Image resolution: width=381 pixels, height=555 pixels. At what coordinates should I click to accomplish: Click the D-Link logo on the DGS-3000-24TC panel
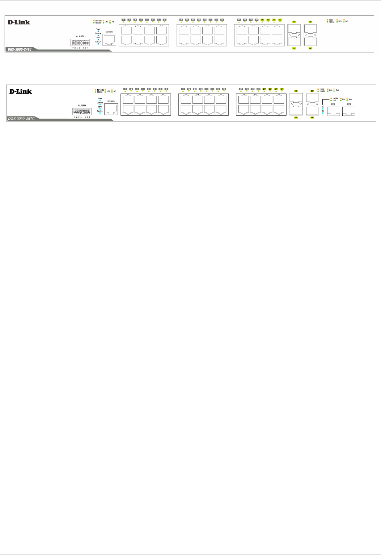pos(19,22)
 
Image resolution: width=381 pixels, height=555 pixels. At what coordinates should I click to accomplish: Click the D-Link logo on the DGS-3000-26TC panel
pos(21,91)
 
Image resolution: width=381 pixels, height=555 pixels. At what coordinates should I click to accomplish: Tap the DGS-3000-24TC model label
pos(20,49)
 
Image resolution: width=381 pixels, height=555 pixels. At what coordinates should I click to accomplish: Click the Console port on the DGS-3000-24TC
pos(109,40)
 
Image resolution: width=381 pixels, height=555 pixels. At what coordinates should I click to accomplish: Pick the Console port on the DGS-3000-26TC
pos(111,109)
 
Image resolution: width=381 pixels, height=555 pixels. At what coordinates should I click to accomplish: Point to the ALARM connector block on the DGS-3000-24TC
pos(80,43)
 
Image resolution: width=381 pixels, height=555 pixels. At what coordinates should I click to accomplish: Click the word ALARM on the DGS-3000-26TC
pos(82,106)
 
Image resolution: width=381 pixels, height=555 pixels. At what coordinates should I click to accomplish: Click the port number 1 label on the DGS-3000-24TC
pos(123,19)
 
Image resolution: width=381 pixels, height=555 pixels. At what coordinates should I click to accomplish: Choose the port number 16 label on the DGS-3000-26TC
pos(224,89)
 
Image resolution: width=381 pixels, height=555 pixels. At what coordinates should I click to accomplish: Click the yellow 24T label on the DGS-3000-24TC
pos(280,19)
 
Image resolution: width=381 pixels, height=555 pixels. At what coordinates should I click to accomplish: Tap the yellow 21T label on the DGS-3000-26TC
pos(264,89)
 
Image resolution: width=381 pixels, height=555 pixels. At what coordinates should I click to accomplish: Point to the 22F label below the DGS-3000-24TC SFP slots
pos(294,48)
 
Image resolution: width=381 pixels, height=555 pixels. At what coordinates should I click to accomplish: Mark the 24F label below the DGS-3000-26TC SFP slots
pos(312,118)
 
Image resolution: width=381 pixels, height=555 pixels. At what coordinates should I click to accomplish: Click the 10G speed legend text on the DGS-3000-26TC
pos(335,100)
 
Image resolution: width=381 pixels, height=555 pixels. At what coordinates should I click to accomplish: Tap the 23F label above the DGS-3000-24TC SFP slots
pos(310,22)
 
